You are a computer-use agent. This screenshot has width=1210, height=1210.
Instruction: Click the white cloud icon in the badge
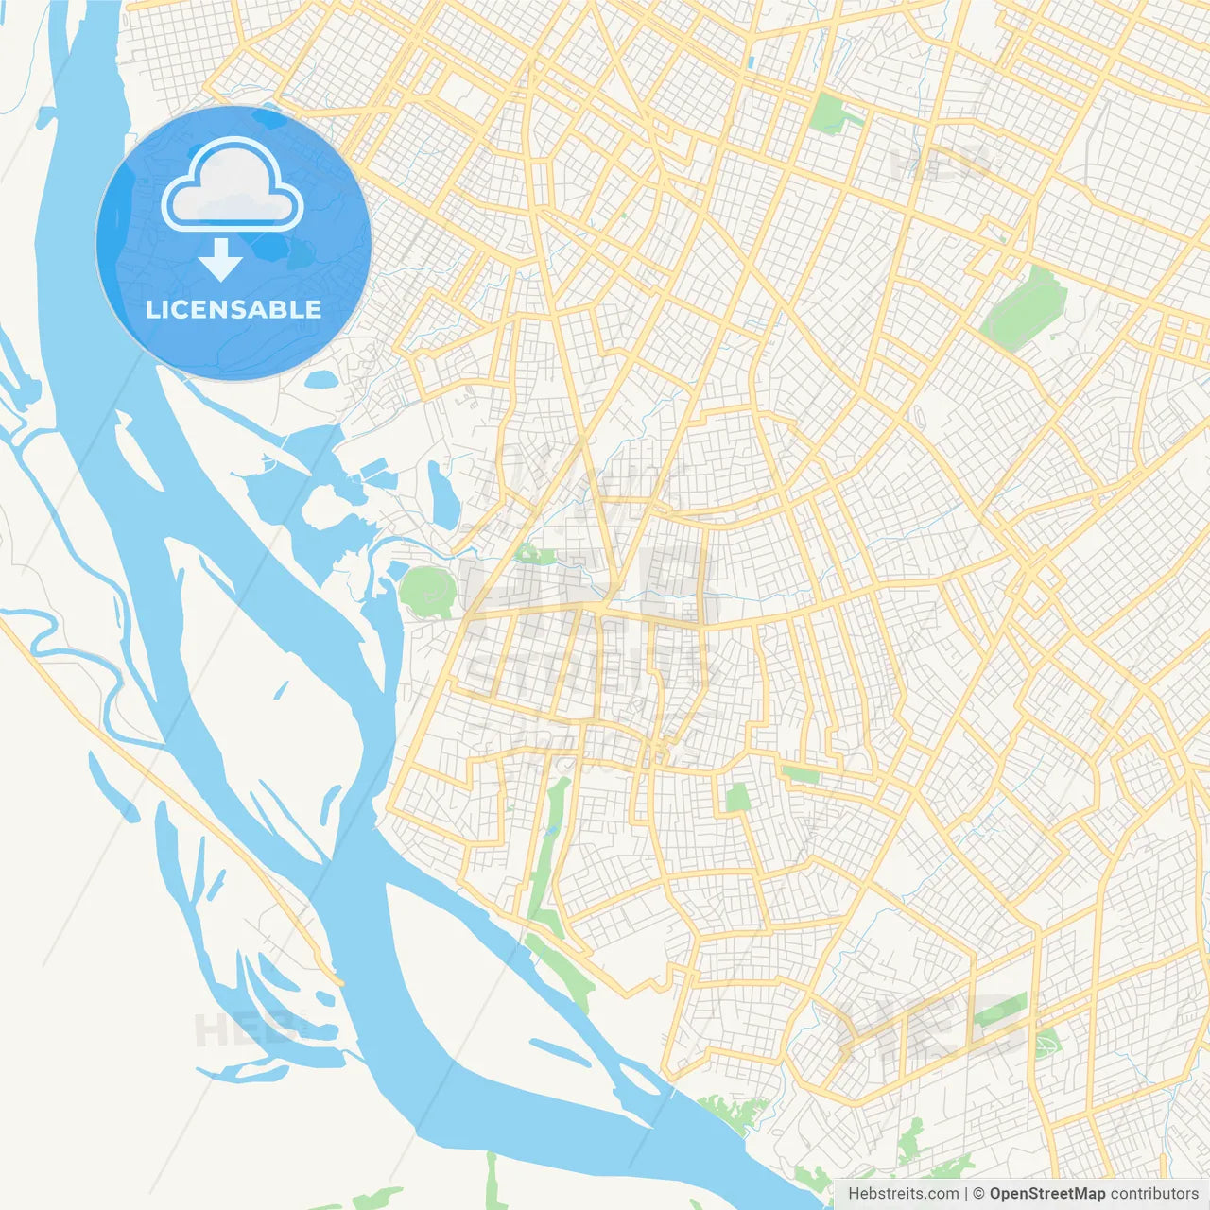click(233, 186)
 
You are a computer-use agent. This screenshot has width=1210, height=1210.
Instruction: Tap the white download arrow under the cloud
click(220, 260)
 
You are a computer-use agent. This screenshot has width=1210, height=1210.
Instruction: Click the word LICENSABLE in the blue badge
click(233, 309)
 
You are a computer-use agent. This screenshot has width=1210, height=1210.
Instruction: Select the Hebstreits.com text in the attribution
click(903, 1194)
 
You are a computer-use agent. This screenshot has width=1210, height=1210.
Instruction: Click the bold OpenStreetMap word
click(1047, 1194)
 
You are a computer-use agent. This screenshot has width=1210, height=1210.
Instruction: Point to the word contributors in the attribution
click(1154, 1194)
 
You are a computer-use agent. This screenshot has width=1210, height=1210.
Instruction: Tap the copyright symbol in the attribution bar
click(979, 1194)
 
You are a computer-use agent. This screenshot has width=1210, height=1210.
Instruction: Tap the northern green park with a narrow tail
click(829, 113)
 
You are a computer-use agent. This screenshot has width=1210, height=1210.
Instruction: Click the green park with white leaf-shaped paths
click(1047, 1044)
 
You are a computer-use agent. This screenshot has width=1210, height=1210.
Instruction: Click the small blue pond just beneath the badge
click(320, 381)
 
